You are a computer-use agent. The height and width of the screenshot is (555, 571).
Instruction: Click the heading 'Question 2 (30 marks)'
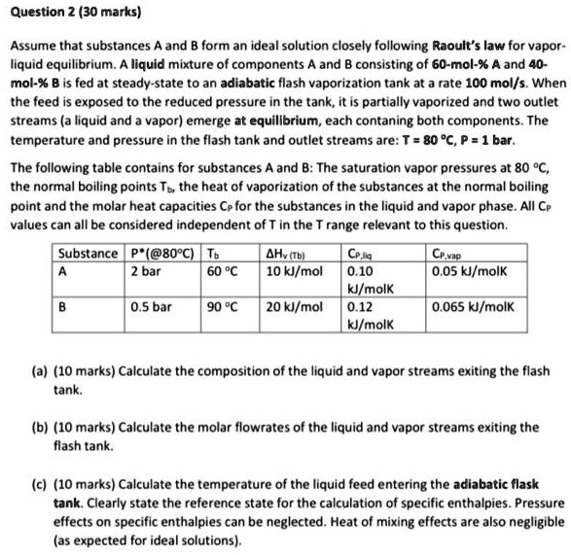tap(61, 14)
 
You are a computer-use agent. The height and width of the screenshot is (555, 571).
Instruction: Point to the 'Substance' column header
tap(88, 256)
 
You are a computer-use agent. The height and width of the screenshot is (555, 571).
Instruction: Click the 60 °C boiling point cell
tap(216, 272)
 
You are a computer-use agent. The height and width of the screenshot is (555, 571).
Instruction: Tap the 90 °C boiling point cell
tap(216, 306)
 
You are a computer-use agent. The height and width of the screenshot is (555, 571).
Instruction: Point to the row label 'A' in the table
tap(62, 272)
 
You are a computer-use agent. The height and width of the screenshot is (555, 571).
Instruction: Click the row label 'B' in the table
tap(62, 306)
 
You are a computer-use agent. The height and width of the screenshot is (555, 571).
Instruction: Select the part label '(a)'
tap(42, 371)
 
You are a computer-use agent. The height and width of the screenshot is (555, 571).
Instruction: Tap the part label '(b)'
tap(42, 427)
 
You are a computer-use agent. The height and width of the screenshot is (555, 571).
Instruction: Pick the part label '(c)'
tap(42, 483)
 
